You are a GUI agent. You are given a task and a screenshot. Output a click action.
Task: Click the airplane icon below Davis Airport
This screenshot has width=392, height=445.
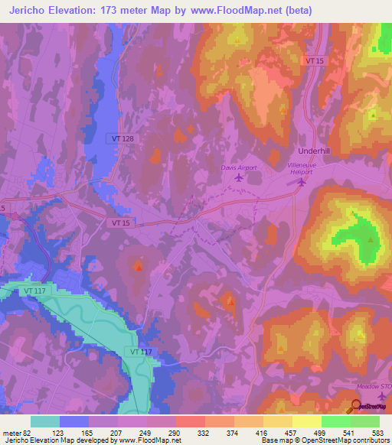(237, 179)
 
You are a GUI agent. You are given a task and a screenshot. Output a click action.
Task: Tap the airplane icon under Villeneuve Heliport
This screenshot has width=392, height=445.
(301, 182)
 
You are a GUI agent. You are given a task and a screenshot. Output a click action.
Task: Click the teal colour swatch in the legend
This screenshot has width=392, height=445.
(44, 421)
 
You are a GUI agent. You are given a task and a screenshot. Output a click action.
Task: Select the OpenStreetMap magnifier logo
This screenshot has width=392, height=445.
(356, 406)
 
